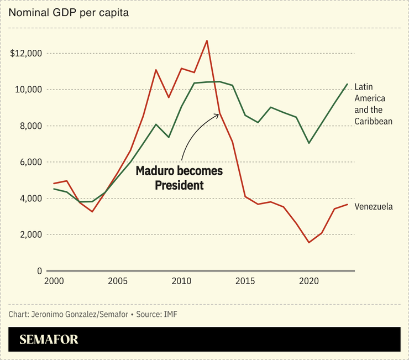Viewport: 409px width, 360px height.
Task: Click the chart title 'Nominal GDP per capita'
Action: point(69,13)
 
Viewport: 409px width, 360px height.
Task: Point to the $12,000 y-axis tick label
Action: point(27,53)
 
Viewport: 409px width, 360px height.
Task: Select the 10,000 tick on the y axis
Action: point(28,90)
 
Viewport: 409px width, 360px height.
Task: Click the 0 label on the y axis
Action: point(39,271)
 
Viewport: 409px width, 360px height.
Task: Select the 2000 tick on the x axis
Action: point(54,281)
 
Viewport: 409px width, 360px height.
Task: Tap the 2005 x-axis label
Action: point(118,281)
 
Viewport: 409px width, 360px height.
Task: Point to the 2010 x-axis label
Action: point(181,281)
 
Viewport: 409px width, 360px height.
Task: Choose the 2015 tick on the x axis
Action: point(245,281)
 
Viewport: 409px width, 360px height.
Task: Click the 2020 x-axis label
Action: point(309,281)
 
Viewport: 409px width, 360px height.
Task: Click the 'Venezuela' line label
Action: point(374,207)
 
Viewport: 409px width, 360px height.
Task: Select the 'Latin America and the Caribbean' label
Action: point(373,104)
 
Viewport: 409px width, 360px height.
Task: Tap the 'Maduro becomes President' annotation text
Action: point(179,178)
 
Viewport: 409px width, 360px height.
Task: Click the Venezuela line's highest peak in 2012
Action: point(207,40)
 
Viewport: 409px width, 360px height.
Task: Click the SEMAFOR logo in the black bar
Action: point(49,340)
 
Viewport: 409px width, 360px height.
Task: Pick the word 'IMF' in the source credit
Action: point(170,315)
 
